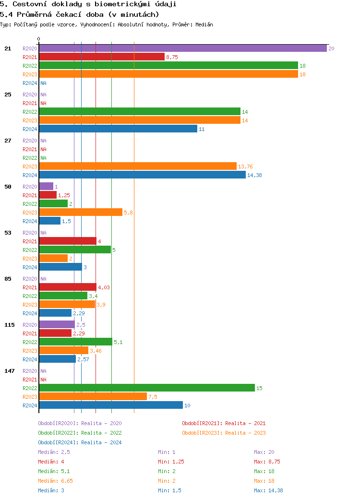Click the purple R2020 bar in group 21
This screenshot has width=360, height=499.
pyautogui.click(x=182, y=48)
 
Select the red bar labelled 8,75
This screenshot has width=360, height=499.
pyautogui.click(x=102, y=57)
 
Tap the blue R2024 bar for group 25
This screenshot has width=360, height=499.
pyautogui.click(x=118, y=129)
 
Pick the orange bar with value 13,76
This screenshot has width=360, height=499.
pyautogui.click(x=138, y=166)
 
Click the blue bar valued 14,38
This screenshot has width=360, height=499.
pyautogui.click(x=142, y=175)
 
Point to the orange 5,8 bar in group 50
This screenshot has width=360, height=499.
pyautogui.click(x=81, y=213)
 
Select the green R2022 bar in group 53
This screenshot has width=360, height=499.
pyautogui.click(x=75, y=250)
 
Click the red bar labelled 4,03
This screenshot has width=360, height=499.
pyautogui.click(x=68, y=287)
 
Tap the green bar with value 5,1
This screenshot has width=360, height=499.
pyautogui.click(x=75, y=342)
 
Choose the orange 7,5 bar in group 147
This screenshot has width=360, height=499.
pyautogui.click(x=93, y=397)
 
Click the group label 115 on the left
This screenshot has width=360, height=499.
pyautogui.click(x=10, y=325)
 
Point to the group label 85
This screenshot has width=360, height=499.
pyautogui.click(x=8, y=279)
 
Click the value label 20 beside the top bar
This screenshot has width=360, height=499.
pyautogui.click(x=331, y=48)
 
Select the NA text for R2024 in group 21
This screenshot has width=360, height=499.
pyautogui.click(x=43, y=83)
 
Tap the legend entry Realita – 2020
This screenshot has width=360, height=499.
pyautogui.click(x=80, y=423)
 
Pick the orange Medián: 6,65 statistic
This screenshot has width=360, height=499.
pyautogui.click(x=55, y=481)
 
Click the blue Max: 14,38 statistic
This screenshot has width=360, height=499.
pyautogui.click(x=268, y=490)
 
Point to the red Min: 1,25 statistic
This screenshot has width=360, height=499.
pyautogui.click(x=171, y=462)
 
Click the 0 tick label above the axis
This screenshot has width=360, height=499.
pyautogui.click(x=39, y=39)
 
